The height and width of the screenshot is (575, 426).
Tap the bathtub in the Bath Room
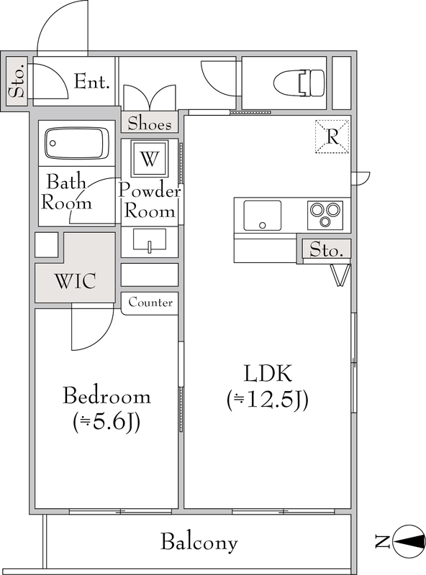(77, 144)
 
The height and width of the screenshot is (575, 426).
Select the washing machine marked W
(150, 159)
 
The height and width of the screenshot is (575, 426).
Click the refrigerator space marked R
(332, 137)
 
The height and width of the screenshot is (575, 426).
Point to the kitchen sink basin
(262, 216)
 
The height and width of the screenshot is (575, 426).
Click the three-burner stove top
(325, 215)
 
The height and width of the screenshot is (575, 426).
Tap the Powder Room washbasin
(150, 240)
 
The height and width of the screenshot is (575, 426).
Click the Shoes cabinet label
(150, 123)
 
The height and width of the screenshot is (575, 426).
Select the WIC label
(76, 281)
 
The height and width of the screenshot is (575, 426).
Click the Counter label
(150, 303)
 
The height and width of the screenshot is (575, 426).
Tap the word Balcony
(199, 543)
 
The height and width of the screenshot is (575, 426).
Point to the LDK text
(268, 374)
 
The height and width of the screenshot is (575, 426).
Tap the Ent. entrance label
(92, 82)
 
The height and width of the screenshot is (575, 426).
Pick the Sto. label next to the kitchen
(326, 249)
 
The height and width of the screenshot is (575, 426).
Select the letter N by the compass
(382, 542)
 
